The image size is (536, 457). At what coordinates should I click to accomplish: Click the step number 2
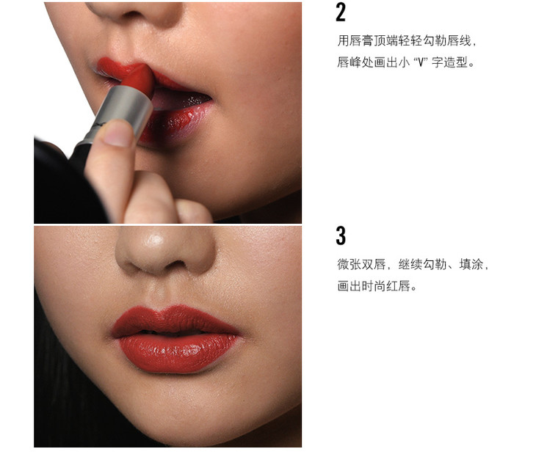[x=341, y=12]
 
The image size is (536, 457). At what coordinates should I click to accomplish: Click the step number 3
[x=341, y=235]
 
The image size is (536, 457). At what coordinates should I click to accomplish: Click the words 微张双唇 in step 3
[x=361, y=264]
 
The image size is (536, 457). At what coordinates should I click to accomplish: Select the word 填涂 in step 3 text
[x=471, y=264]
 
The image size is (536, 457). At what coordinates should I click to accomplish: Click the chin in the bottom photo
[x=178, y=410]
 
